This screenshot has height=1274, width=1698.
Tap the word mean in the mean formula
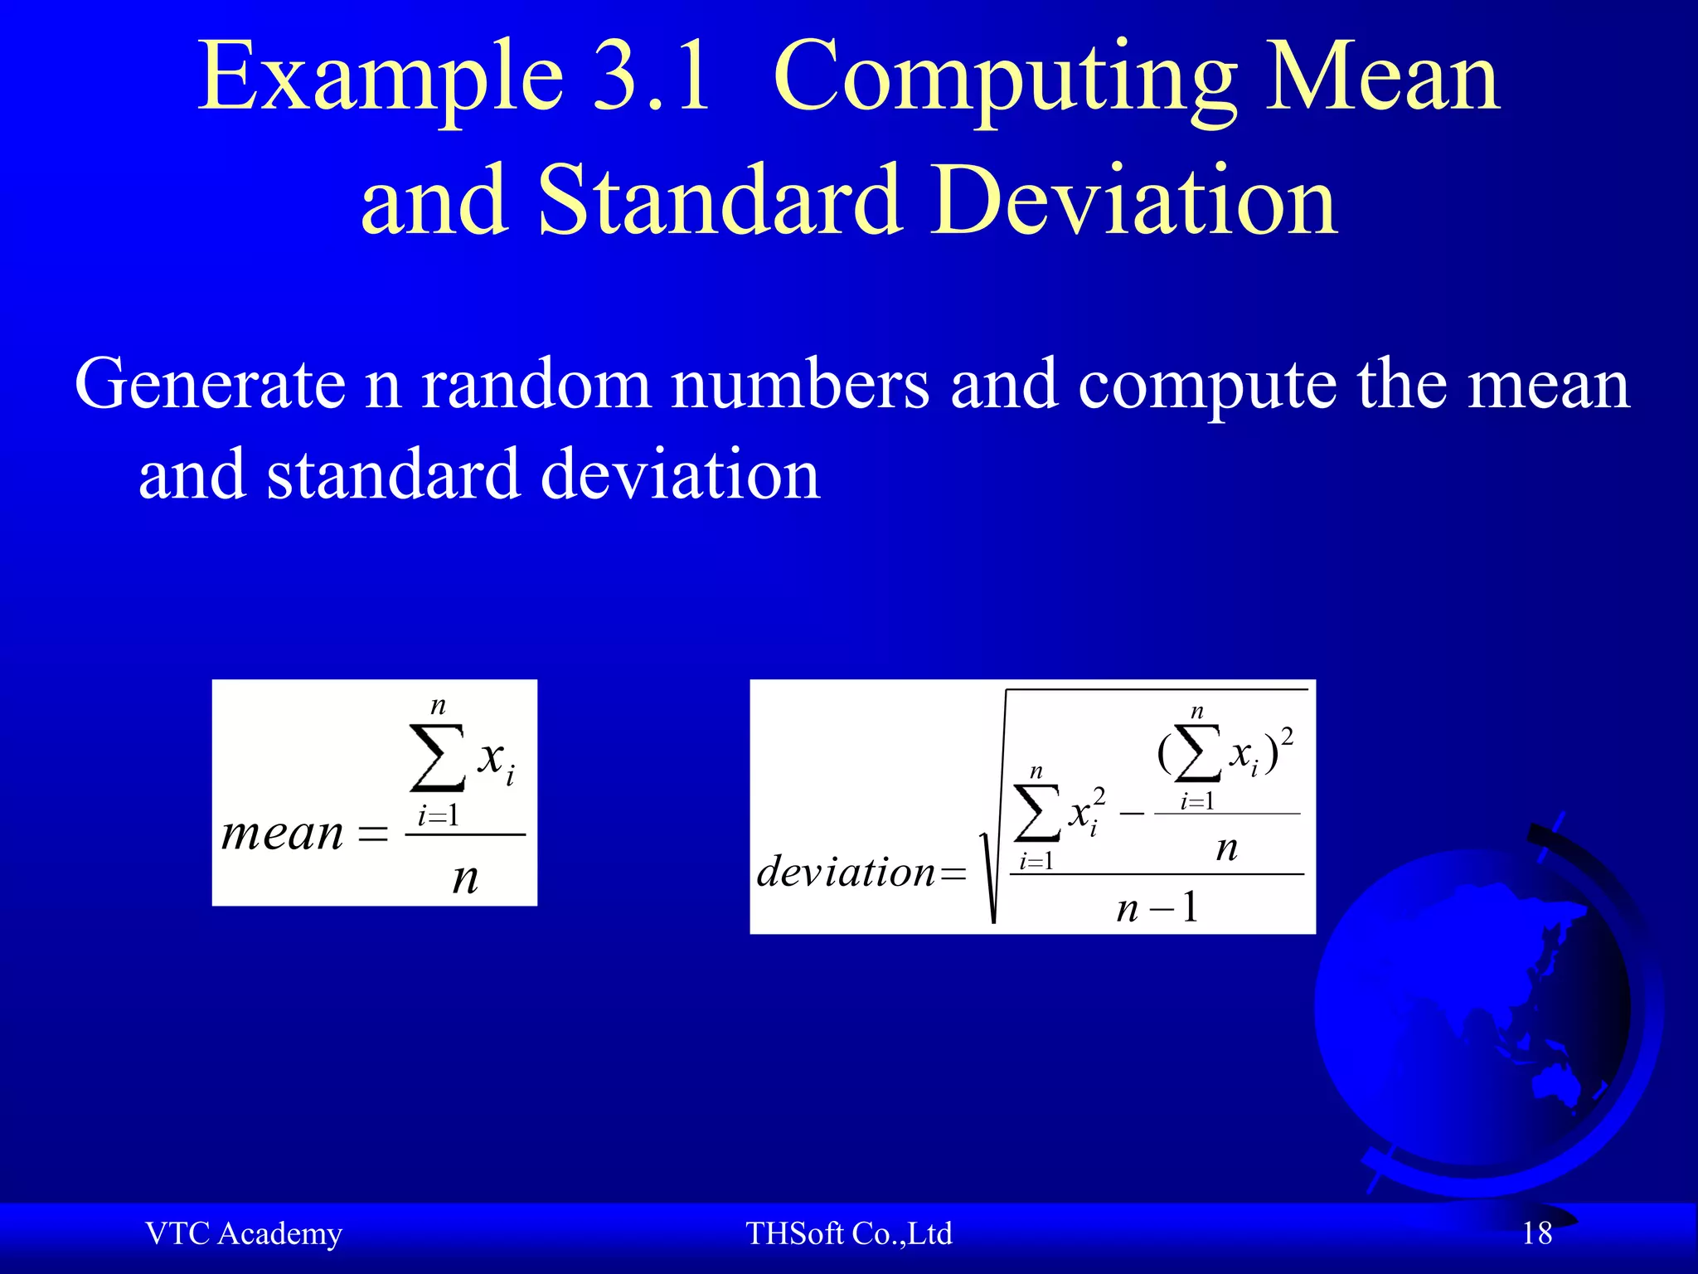pos(282,834)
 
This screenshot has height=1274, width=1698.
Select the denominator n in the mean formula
pos(465,877)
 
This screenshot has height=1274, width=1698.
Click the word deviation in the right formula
pos(846,872)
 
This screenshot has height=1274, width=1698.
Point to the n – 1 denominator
pos(1157,907)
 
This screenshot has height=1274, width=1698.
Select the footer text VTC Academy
pos(243,1233)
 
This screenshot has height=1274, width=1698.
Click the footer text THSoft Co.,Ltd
pos(848,1233)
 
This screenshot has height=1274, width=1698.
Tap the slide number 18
pos(1536,1233)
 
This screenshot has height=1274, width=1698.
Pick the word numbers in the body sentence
pos(800,385)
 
